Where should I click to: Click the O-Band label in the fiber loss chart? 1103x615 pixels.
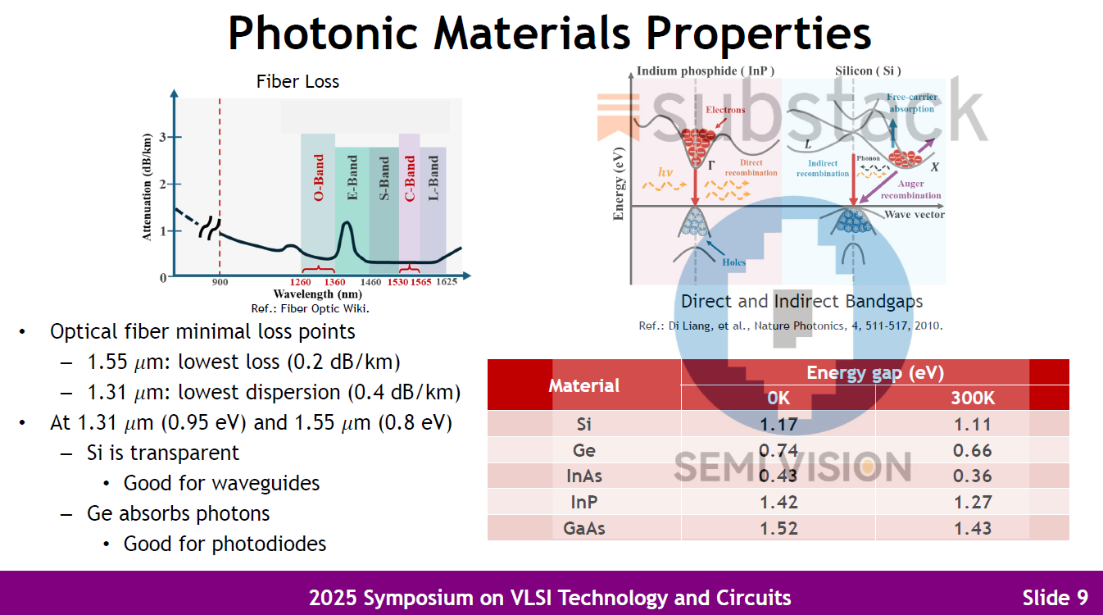(319, 178)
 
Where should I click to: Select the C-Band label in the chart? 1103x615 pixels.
(410, 178)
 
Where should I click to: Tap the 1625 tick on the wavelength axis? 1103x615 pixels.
(447, 282)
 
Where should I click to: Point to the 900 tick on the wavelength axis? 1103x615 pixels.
(220, 282)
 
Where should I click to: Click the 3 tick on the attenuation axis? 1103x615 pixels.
(163, 137)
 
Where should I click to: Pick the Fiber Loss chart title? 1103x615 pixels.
(297, 81)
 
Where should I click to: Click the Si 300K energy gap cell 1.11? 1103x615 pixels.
(972, 424)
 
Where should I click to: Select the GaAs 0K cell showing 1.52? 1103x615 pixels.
(778, 528)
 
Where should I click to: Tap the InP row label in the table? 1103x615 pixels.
(584, 502)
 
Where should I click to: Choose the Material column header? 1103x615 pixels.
(584, 385)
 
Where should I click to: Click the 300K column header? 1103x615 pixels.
(972, 399)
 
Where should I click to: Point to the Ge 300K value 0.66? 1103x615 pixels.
(972, 450)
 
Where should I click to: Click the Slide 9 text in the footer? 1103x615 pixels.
(1055, 598)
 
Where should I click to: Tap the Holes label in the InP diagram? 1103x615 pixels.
(734, 262)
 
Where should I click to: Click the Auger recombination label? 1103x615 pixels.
(910, 190)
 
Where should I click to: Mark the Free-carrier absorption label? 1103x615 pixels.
(910, 103)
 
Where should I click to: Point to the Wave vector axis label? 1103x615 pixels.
(915, 215)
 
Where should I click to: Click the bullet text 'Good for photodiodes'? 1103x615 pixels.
(225, 544)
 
